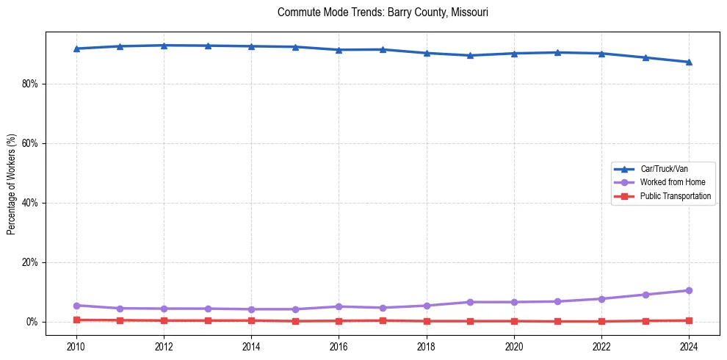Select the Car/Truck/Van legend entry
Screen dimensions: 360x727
pos(664,169)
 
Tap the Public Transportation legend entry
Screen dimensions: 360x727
pos(676,196)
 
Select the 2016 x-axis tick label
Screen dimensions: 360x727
pos(339,345)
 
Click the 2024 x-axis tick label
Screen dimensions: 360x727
pos(689,345)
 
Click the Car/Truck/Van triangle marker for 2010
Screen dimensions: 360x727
pos(76,48)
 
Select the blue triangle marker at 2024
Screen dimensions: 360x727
pos(689,62)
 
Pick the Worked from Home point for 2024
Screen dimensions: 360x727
pos(689,290)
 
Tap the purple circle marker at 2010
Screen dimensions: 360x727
pos(76,305)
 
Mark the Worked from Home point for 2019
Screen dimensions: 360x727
pos(470,302)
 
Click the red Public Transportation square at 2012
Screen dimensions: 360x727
pos(164,320)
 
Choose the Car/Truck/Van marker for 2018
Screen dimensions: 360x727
pos(427,53)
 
